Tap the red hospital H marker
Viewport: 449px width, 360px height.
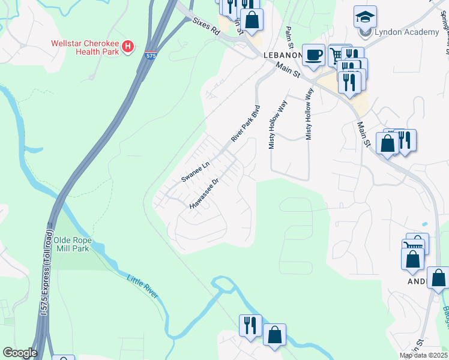pyautogui.click(x=127, y=47)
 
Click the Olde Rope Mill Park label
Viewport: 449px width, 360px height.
pyautogui.click(x=71, y=244)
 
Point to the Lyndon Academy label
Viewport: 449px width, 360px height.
pyautogui.click(x=406, y=32)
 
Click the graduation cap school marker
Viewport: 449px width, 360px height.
pyautogui.click(x=365, y=17)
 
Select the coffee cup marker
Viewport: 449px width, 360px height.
pyautogui.click(x=313, y=56)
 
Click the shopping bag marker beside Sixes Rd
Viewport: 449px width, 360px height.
pyautogui.click(x=253, y=19)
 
